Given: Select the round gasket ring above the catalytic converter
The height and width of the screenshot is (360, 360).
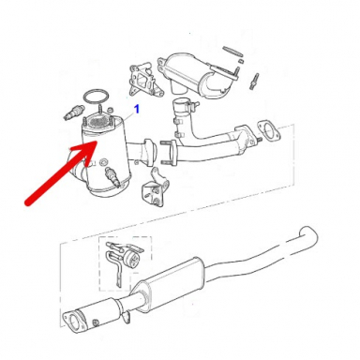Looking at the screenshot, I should [94, 97].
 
